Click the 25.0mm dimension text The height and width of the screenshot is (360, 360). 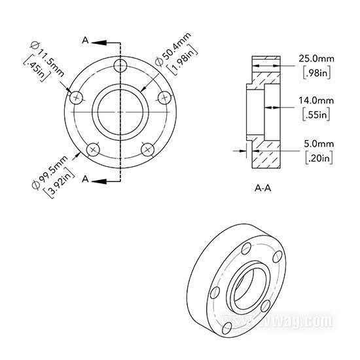[x=316, y=59]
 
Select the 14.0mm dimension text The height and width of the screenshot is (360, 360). [x=316, y=101]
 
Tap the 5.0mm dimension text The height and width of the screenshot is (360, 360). [x=319, y=144]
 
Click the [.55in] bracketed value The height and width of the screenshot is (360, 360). [x=316, y=114]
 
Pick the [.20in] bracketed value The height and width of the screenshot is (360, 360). [x=319, y=158]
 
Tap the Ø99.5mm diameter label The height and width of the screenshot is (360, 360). [x=50, y=172]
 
